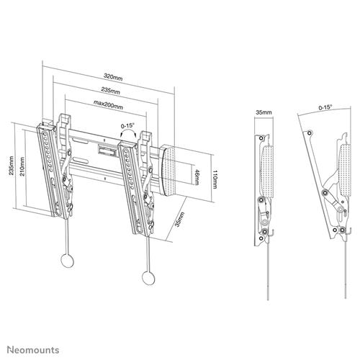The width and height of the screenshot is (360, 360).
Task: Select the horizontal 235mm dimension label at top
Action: pos(109,91)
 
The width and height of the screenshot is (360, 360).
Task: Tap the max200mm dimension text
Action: pos(109,107)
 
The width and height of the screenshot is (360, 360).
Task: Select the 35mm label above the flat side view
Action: pos(264,113)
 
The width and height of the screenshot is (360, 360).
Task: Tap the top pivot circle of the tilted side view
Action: pos(310,132)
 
